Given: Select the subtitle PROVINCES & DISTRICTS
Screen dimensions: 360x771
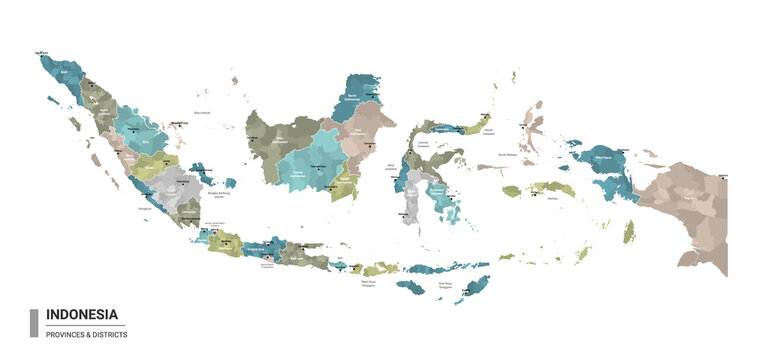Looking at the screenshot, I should tap(84, 334).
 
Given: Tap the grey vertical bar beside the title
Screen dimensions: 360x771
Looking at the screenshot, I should tap(34, 322).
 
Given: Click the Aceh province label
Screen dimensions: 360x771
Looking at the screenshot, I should tap(60, 73).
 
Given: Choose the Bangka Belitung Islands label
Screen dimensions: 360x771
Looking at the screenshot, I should tap(211, 197).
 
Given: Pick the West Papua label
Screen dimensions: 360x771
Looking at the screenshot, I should tap(607, 158).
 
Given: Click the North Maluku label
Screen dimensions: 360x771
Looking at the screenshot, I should tap(507, 155).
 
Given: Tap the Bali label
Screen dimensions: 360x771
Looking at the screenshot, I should tap(340, 258).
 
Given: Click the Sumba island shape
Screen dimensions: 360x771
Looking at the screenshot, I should tap(410, 287).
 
